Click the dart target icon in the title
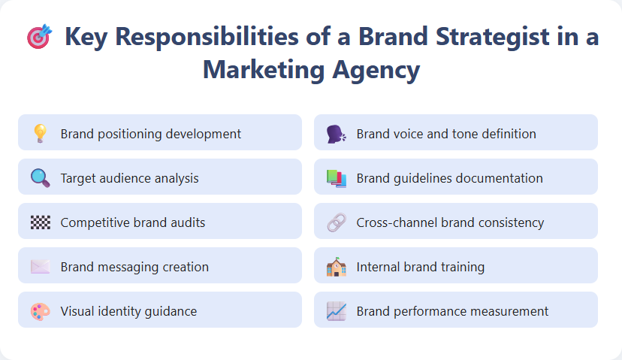(x=39, y=37)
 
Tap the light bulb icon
(x=40, y=134)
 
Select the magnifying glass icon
(x=40, y=178)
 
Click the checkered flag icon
(x=40, y=222)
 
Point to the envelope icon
(x=40, y=267)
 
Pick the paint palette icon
(x=40, y=311)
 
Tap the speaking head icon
(x=336, y=134)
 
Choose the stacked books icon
(x=336, y=178)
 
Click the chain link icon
(x=336, y=222)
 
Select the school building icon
(x=336, y=267)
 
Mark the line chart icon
(x=336, y=311)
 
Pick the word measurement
(x=508, y=311)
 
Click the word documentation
(x=496, y=178)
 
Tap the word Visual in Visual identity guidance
(x=77, y=311)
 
